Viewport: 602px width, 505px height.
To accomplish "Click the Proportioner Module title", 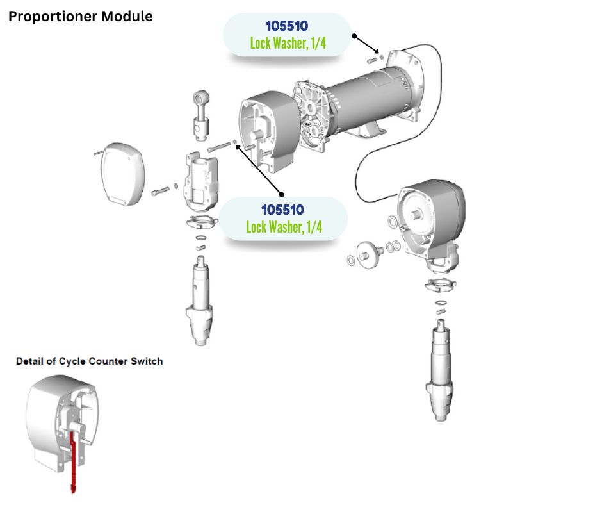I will click(x=80, y=16).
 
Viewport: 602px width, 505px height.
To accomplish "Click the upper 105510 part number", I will click(x=287, y=26).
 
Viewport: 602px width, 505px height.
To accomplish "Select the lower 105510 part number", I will click(x=282, y=210).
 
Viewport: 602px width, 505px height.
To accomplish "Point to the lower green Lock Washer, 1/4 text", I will click(x=284, y=227).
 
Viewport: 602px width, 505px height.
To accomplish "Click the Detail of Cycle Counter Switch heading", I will click(x=89, y=361).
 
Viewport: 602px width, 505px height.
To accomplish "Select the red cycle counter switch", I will click(x=73, y=459).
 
